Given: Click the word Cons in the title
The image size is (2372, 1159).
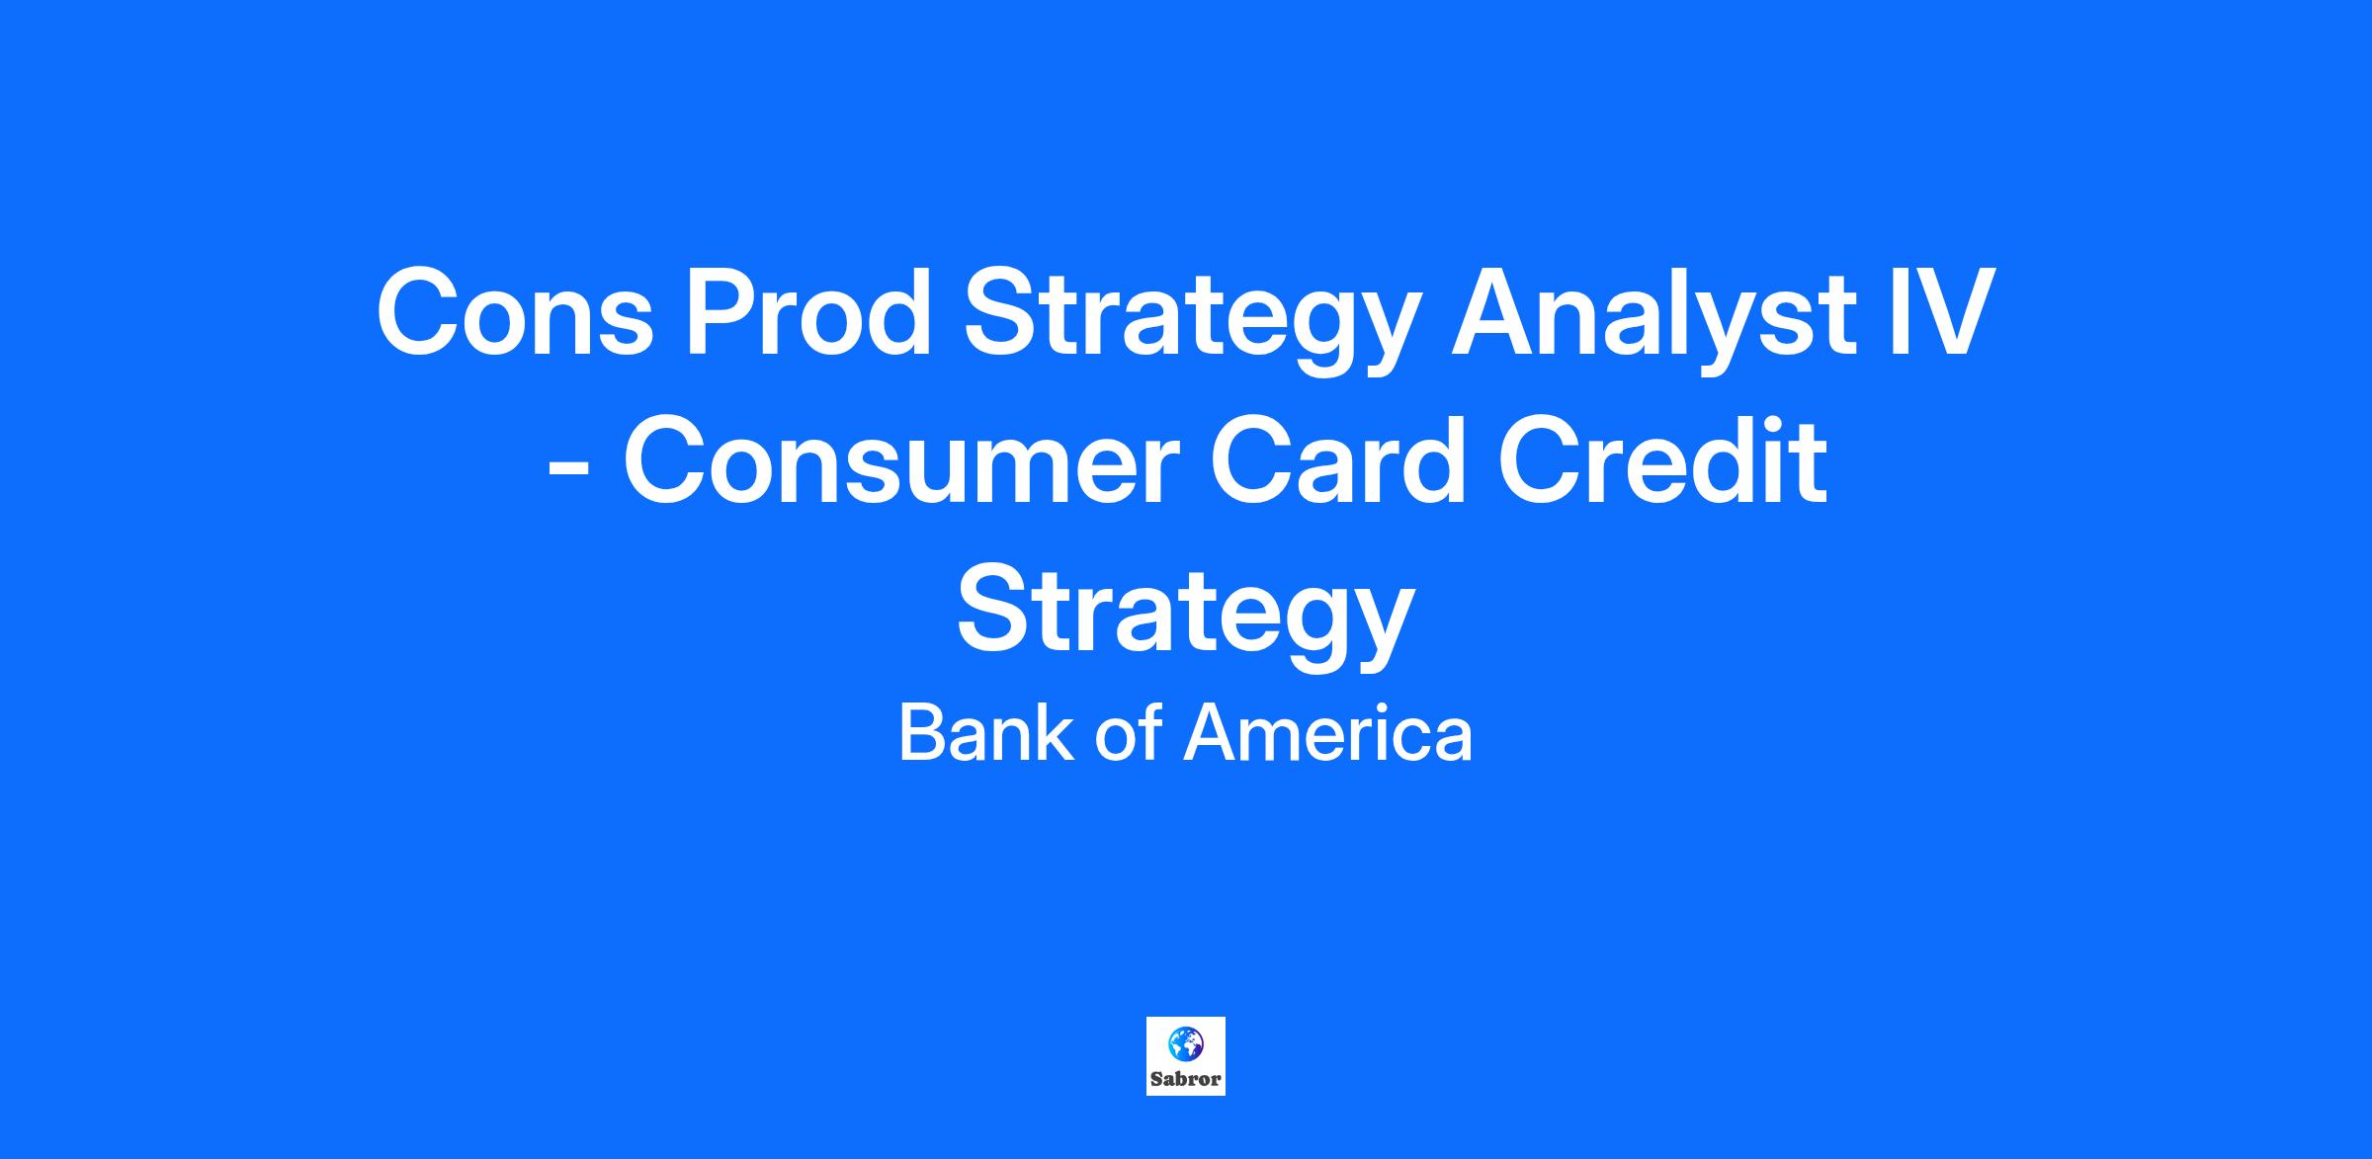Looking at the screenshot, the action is [x=515, y=310].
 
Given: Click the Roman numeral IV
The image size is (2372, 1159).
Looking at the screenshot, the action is [x=1941, y=310].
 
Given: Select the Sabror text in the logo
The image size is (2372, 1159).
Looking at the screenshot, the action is [x=1185, y=1079].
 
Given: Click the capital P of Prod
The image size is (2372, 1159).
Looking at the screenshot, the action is [x=720, y=310].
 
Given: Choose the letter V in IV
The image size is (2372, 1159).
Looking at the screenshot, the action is [x=1951, y=310].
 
